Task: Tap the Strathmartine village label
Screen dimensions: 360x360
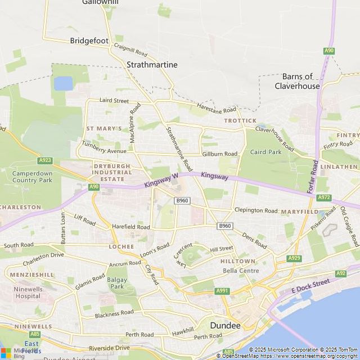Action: coord(152,65)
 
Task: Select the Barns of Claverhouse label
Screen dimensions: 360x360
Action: coord(297,82)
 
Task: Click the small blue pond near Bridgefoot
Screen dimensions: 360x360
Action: coord(63,83)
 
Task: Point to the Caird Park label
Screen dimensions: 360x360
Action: coord(265,152)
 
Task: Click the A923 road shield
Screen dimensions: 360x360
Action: coord(46,160)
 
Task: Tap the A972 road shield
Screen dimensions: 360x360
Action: coord(324,197)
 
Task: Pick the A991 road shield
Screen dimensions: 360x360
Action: coord(222,291)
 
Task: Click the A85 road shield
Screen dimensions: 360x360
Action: coord(228,352)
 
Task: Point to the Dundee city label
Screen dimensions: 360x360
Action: coord(225,326)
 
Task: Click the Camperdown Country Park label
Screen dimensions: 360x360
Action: coord(32,177)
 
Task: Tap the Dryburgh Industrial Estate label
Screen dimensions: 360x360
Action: coord(112,173)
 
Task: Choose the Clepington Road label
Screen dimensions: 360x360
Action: coord(256,210)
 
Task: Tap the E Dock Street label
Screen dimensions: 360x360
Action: coord(310,286)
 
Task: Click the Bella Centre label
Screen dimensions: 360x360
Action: coord(241,271)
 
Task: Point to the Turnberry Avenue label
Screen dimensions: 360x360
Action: coord(104,151)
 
